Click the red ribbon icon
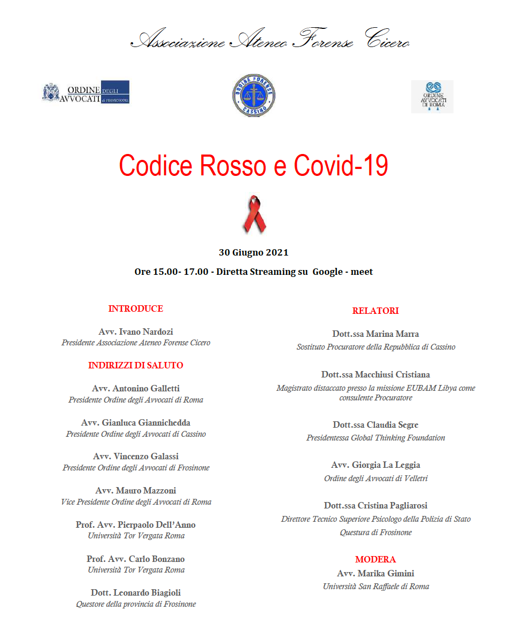255,214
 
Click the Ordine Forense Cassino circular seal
253,95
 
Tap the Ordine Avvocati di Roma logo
432,97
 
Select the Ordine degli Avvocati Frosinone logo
86,92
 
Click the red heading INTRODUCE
135,308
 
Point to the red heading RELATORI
375,311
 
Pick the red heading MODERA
375,559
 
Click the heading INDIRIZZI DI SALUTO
135,366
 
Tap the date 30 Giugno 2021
253,252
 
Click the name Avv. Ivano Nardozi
136,331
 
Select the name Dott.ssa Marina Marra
375,334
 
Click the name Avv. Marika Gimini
375,573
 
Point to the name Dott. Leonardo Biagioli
136,592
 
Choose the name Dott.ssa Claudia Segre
375,425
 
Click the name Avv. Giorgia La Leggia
375,465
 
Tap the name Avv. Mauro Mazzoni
136,490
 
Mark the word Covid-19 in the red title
341,166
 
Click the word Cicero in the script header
388,41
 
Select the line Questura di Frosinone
375,533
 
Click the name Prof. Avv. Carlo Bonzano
136,559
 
